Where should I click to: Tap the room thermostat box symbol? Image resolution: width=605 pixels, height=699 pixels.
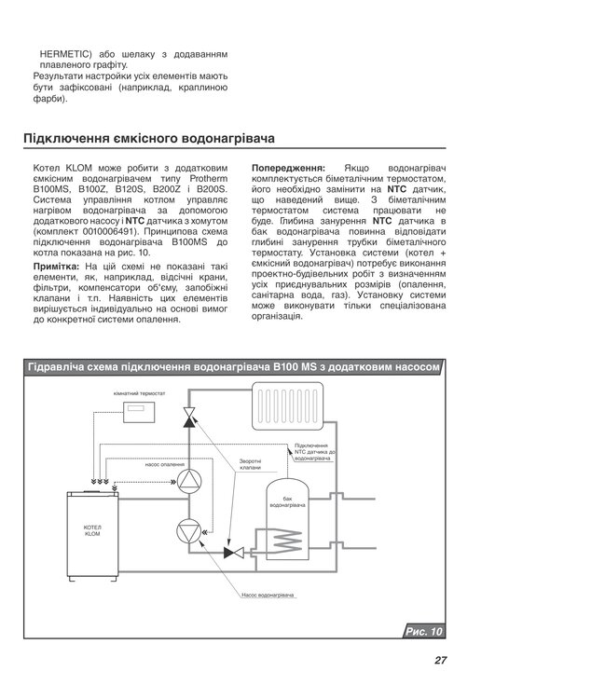click(x=144, y=410)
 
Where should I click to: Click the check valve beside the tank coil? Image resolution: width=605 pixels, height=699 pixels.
click(x=233, y=552)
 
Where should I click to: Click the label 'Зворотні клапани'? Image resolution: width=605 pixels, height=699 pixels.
click(x=249, y=464)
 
